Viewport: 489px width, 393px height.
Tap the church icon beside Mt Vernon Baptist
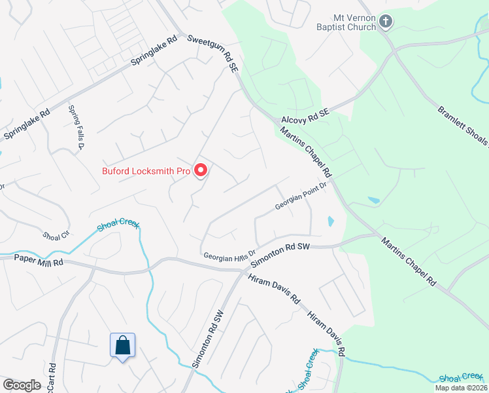click(386, 22)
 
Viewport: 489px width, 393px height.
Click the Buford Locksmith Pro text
click(146, 172)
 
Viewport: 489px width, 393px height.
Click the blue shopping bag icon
click(122, 345)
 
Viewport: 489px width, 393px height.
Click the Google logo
click(22, 385)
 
